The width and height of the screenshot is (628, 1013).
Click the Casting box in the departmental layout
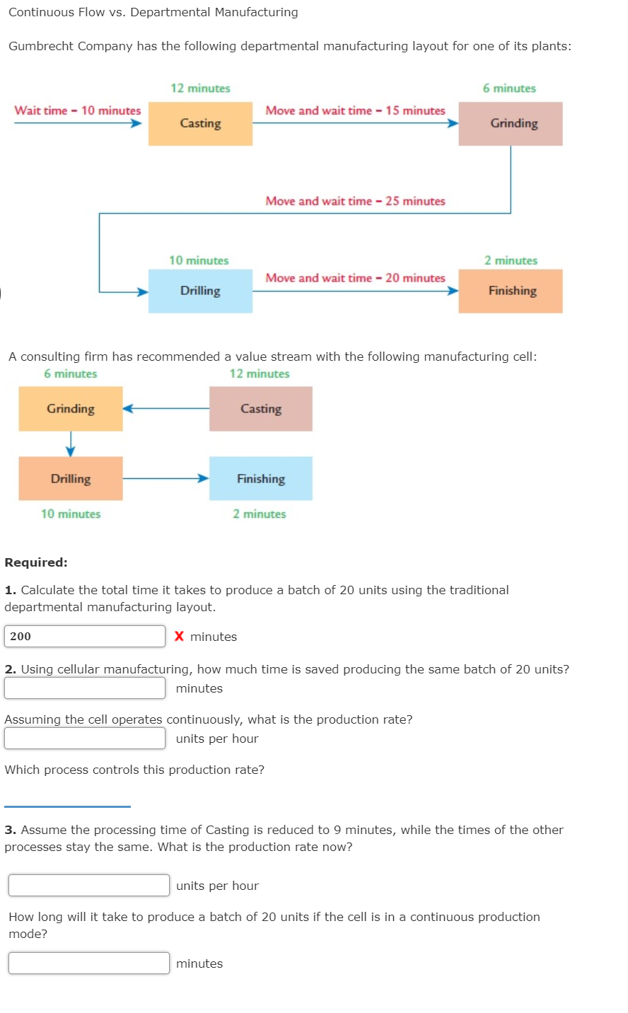point(200,124)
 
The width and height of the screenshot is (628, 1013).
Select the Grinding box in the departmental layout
point(511,124)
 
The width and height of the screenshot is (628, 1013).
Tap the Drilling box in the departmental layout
point(200,291)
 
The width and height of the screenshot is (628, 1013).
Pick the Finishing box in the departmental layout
point(511,291)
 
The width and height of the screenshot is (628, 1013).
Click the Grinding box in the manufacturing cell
point(71,409)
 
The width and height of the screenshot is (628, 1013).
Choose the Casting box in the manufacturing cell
point(260,409)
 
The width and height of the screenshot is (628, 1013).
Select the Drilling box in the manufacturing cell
point(71,479)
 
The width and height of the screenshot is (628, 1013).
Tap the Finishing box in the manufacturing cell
point(260,479)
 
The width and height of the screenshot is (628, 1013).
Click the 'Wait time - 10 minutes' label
point(78,111)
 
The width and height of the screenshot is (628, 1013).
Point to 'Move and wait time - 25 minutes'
point(355,202)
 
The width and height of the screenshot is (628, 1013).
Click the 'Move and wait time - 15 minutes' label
point(355,111)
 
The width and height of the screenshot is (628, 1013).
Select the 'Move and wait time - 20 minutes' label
point(355,278)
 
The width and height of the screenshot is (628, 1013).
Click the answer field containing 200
point(85,637)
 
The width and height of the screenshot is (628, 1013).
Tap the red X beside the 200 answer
point(179,637)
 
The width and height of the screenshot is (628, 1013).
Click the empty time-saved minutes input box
point(85,688)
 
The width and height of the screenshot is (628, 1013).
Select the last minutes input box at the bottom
point(89,963)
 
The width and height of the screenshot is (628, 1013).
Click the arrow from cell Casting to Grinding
point(166,408)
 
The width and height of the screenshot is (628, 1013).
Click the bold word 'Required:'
point(36,563)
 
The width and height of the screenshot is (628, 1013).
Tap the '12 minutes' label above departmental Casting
point(200,88)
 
